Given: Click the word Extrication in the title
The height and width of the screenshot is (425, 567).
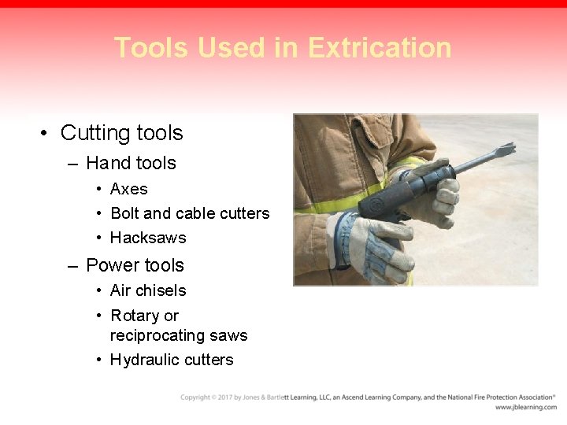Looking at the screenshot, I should (380, 48).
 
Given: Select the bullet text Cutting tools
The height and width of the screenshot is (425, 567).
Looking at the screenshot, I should (121, 133).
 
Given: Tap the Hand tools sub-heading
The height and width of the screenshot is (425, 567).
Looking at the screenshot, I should (131, 163).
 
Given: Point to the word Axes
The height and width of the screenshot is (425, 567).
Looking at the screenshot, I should (128, 189).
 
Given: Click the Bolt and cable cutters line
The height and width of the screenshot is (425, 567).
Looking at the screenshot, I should (190, 213).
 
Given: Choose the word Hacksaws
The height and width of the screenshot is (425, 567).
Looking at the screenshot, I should (148, 238).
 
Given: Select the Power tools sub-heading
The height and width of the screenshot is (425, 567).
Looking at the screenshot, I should (135, 265).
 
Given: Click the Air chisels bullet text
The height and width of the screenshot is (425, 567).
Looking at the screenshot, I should (148, 290).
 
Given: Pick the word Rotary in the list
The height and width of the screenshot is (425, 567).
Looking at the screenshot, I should (135, 316).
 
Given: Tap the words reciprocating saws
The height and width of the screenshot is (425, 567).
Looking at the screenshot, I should (179, 335).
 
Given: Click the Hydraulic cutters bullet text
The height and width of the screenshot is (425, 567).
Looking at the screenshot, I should (172, 360).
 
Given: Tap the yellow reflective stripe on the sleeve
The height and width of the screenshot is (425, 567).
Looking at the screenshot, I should (339, 204).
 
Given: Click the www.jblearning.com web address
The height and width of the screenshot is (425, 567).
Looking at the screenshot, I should (525, 407).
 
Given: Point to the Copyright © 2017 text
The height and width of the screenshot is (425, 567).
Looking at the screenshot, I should (208, 397).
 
